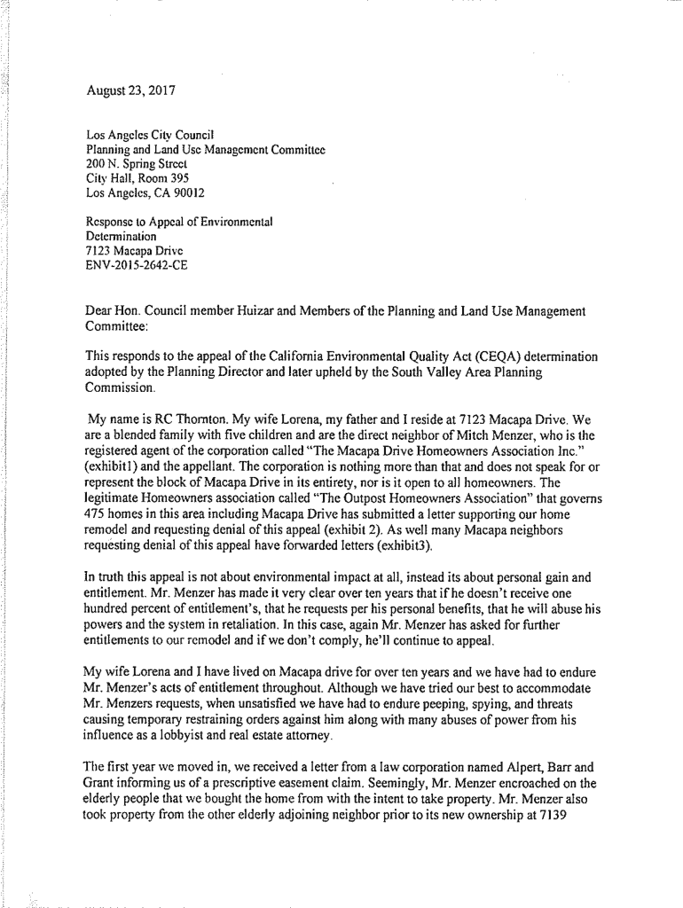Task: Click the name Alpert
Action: [492, 765]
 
